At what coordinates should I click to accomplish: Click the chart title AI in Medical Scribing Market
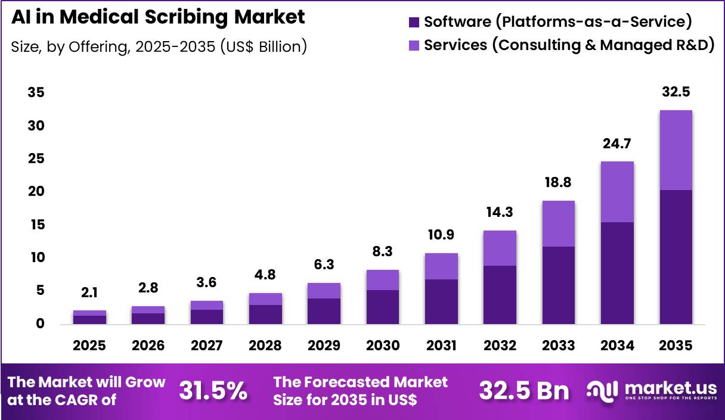[x=158, y=17]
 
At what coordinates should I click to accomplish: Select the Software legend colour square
[x=414, y=23]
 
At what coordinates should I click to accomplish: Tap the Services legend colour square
[x=414, y=45]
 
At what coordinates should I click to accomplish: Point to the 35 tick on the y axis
[x=35, y=93]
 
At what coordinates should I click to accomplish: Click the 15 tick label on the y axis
[x=35, y=225]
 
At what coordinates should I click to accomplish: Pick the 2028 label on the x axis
[x=265, y=346]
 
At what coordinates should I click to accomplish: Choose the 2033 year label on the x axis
[x=558, y=346]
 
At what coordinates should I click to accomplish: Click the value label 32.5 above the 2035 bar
[x=676, y=93]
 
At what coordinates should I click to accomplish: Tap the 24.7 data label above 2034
[x=617, y=144]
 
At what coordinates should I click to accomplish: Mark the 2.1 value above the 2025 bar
[x=89, y=293]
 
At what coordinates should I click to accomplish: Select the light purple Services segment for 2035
[x=676, y=150]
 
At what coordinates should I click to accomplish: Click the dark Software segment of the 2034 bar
[x=617, y=273]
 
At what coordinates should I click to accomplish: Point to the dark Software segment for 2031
[x=441, y=301]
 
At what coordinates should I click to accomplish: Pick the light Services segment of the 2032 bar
[x=500, y=248]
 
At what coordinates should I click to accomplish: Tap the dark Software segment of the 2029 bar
[x=324, y=311]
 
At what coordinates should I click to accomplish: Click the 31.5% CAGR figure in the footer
[x=213, y=391]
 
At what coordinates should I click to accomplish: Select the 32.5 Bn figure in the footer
[x=523, y=391]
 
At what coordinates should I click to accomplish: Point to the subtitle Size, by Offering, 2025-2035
[x=159, y=47]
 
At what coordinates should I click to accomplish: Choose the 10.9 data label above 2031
[x=441, y=235]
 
